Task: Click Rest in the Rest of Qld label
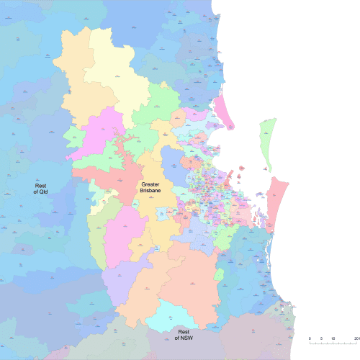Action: tap(40, 185)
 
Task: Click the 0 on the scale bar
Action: tap(310, 338)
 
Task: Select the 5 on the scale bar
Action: tap(321, 338)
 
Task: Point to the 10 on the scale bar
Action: tap(333, 338)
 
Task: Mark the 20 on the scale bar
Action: tap(356, 338)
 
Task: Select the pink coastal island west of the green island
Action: tap(224, 112)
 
